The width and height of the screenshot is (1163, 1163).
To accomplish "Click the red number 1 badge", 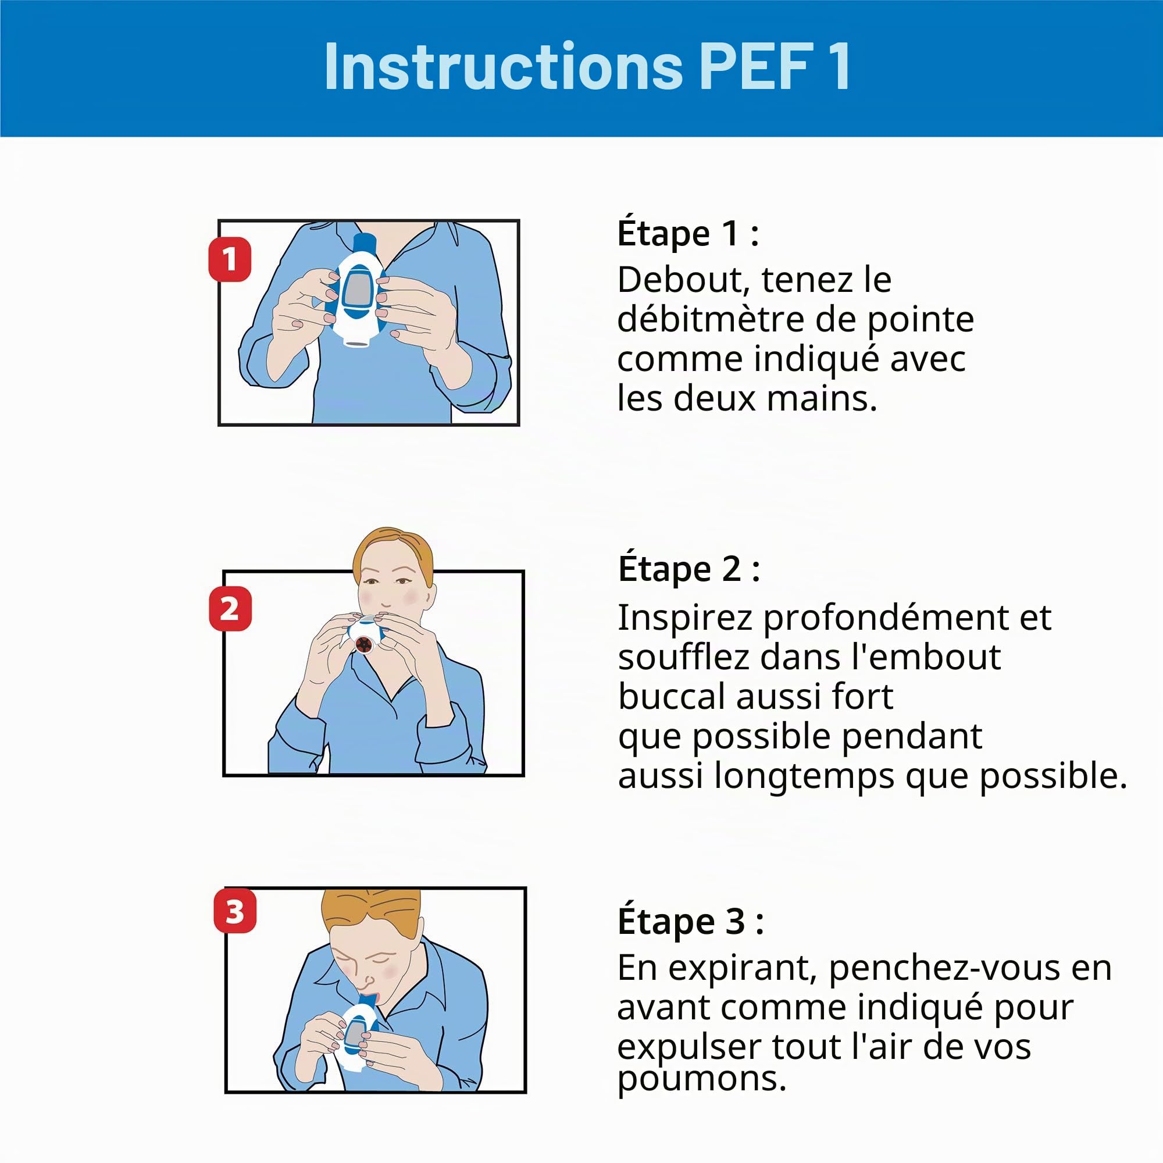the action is click(229, 259).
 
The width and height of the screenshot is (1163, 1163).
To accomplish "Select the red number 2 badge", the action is click(230, 609).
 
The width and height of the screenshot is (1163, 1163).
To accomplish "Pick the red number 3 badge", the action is click(235, 911).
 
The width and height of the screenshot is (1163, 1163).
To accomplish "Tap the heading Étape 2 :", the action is click(689, 569).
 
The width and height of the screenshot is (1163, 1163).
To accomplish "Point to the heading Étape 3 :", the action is click(690, 922).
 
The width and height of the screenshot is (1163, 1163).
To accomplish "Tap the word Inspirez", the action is click(685, 618).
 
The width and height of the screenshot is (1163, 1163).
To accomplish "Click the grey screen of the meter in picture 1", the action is click(358, 290).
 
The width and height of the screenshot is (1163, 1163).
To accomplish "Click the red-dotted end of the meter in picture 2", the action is click(364, 645).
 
